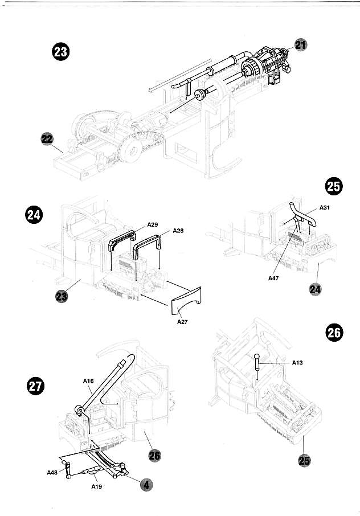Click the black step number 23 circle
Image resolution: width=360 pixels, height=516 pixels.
pyautogui.click(x=60, y=52)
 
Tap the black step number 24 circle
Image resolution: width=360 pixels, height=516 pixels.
pyautogui.click(x=34, y=215)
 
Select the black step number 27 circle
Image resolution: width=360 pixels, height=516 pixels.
pyautogui.click(x=35, y=386)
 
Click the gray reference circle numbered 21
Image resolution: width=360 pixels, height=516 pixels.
pyautogui.click(x=300, y=45)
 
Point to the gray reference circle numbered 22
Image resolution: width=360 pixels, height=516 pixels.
pyautogui.click(x=47, y=139)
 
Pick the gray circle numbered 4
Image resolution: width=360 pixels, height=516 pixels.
pyautogui.click(x=146, y=485)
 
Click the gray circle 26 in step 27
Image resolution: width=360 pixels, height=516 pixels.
pyautogui.click(x=155, y=456)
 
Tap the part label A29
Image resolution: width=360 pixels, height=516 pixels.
pyautogui.click(x=152, y=225)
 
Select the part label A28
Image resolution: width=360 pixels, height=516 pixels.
pyautogui.click(x=178, y=231)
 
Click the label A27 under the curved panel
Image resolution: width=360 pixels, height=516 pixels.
pyautogui.click(x=182, y=322)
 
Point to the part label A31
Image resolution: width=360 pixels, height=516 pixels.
pyautogui.click(x=325, y=207)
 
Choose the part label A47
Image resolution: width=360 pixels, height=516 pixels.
pyautogui.click(x=273, y=278)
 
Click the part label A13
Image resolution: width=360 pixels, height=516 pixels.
pyautogui.click(x=297, y=363)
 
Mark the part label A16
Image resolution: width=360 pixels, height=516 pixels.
pyautogui.click(x=88, y=381)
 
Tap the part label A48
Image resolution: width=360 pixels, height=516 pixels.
pyautogui.click(x=52, y=473)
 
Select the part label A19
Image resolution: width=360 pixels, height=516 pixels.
pyautogui.click(x=97, y=486)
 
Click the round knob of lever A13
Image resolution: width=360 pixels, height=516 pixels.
pyautogui.click(x=257, y=357)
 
